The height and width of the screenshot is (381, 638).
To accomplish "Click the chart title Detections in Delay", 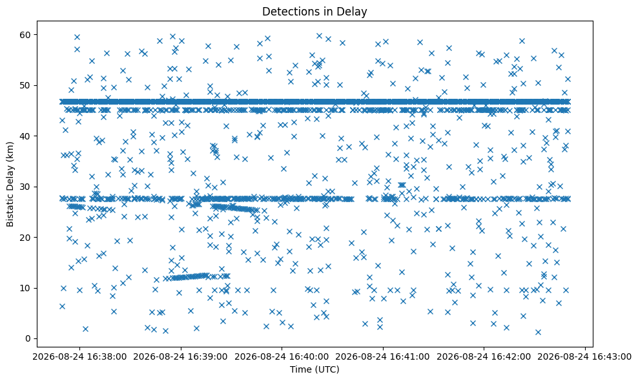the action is click(314, 12).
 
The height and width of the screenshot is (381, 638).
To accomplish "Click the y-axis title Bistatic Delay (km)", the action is click(10, 184).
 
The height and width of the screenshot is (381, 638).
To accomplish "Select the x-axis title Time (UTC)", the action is click(314, 369).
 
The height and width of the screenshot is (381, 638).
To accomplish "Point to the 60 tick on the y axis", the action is click(26, 35).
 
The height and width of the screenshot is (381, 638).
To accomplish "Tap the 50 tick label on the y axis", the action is click(26, 85).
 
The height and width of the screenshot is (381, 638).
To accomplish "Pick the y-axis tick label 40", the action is click(26, 136).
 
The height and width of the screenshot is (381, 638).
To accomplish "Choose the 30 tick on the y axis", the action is click(26, 187).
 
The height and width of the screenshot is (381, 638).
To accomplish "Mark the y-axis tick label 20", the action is click(26, 237).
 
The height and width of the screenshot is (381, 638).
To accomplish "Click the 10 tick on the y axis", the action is click(26, 288).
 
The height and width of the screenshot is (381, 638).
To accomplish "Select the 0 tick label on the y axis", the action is click(28, 338).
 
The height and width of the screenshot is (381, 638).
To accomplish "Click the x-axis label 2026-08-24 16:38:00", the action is click(79, 357).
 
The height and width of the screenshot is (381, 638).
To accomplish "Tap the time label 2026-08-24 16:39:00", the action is click(181, 357).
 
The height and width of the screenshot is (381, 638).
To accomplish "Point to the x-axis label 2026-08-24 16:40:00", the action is click(282, 357).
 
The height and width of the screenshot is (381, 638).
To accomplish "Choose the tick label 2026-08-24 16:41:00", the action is click(383, 357).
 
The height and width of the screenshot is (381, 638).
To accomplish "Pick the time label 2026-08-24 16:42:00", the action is click(484, 357).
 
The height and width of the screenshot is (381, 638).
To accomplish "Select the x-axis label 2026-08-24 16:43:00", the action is click(585, 357).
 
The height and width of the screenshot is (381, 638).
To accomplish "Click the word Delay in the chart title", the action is click(354, 12).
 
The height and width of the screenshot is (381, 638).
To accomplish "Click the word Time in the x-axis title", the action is click(298, 369).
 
